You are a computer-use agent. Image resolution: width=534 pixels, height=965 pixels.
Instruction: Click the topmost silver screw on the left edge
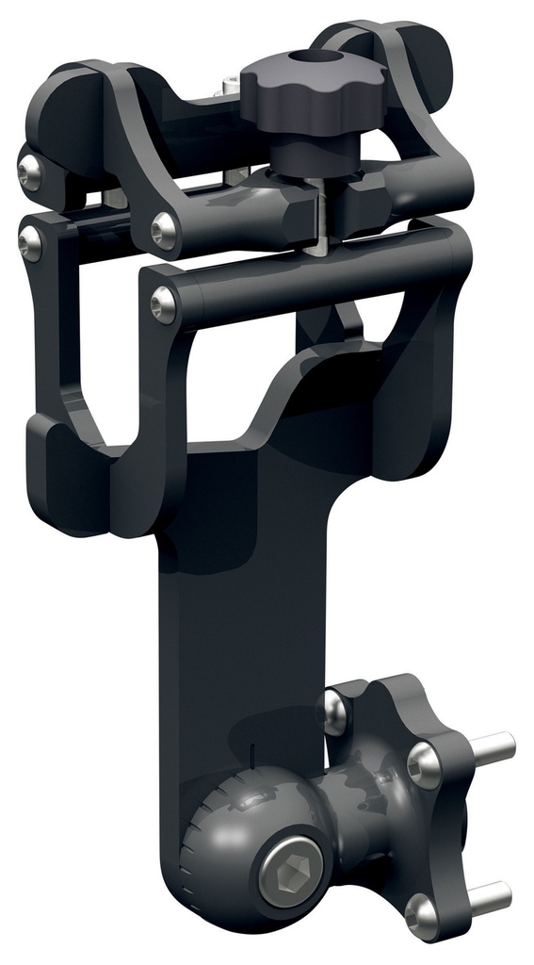coord(29,171)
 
